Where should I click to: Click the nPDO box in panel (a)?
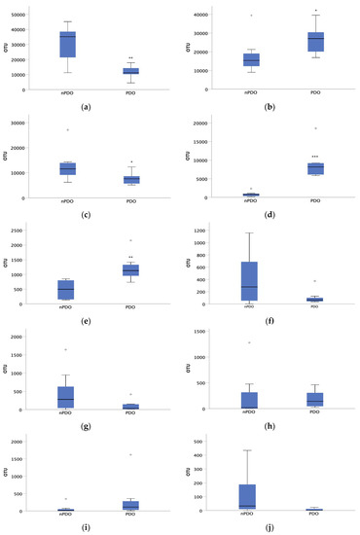pyautogui.click(x=67, y=44)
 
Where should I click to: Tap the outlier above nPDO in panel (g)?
pyautogui.click(x=67, y=349)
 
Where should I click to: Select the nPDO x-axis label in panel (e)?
pyautogui.click(x=67, y=309)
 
